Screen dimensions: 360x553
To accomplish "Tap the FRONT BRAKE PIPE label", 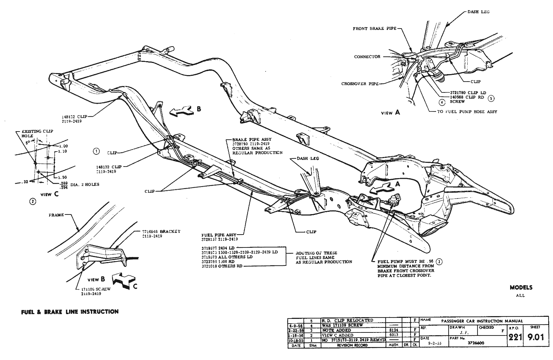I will (x=374, y=29).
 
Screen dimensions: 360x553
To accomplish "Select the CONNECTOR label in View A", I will (x=367, y=57).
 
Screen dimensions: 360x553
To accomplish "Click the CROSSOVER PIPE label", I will (x=360, y=84).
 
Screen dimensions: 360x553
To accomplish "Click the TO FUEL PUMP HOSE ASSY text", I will (x=467, y=112).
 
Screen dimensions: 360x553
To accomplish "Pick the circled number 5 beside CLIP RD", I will (x=490, y=99).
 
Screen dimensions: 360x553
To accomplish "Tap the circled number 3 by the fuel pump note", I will (x=439, y=262).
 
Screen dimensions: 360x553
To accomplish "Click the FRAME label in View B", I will (x=56, y=215).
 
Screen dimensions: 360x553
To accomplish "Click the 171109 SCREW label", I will (x=91, y=289).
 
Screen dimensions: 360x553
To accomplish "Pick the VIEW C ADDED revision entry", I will (x=338, y=335).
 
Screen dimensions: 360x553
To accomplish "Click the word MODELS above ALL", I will (x=521, y=288).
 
